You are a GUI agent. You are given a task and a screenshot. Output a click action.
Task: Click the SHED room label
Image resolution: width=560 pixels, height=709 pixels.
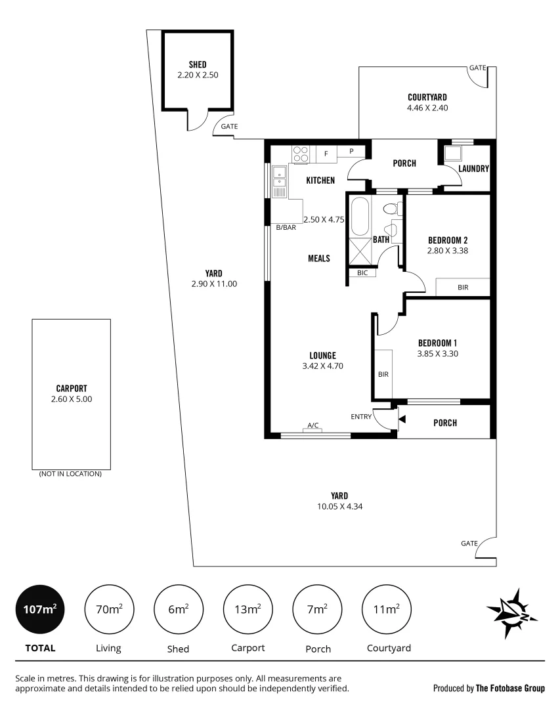(198, 64)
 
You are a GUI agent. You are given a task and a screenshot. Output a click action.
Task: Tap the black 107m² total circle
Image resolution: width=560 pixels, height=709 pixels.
(39, 610)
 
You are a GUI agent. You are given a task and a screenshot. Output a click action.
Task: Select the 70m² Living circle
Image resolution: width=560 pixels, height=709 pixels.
(109, 610)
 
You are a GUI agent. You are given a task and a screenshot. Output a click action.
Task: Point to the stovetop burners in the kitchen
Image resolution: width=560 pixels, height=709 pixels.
(301, 154)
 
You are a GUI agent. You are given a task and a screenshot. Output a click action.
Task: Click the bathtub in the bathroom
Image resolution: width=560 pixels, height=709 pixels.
(360, 217)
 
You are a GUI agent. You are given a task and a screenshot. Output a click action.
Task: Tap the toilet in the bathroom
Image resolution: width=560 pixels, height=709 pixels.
(390, 210)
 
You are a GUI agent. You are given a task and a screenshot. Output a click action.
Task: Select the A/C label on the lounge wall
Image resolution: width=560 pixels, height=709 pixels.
(313, 425)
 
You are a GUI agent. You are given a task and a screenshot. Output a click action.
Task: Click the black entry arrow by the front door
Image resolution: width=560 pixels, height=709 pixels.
(401, 419)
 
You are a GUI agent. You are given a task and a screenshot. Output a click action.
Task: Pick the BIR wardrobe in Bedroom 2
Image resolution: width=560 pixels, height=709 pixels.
(463, 288)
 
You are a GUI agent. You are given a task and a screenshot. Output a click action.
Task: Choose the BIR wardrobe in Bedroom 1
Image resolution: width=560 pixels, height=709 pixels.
(383, 374)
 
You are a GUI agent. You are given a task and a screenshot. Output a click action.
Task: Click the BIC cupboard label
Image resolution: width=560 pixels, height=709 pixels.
(362, 272)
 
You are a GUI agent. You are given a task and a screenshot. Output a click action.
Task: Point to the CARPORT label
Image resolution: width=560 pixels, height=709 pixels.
(72, 388)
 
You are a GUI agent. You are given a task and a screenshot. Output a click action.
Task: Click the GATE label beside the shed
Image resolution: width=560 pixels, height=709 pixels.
(229, 126)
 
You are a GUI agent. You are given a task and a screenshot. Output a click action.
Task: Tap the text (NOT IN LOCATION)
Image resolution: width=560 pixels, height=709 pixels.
(70, 473)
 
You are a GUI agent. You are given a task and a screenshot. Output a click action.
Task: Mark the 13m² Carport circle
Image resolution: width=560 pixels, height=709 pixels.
(249, 610)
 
